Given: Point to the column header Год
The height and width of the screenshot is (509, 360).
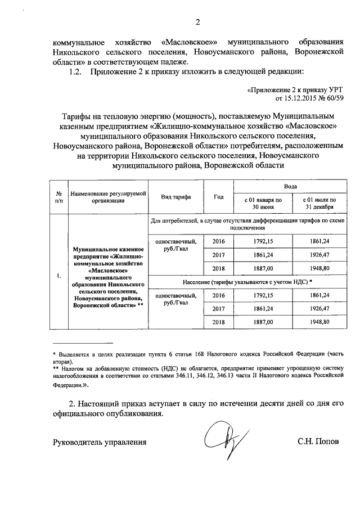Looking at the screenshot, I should [x=219, y=196].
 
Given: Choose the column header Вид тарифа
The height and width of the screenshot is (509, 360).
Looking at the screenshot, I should [x=175, y=196].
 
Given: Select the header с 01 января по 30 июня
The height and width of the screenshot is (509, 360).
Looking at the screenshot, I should [x=263, y=202].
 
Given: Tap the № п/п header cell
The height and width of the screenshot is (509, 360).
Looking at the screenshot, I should [x=58, y=196].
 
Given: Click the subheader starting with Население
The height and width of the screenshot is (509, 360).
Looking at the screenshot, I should [x=247, y=281].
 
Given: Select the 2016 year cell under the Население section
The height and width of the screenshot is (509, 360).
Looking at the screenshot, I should [x=219, y=295].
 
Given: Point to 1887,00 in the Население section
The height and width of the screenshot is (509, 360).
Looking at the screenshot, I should [x=263, y=322].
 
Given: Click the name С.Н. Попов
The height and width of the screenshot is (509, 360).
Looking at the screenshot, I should [x=318, y=442].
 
